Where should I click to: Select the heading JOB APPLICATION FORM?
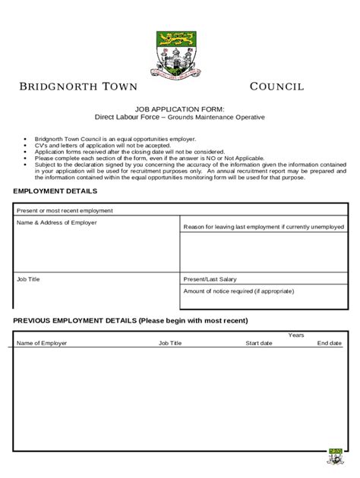tap(180, 109)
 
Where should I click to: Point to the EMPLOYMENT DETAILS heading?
tap(55, 191)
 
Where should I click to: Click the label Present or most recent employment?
tap(65, 210)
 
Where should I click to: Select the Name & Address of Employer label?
tap(57, 222)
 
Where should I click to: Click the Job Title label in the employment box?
tap(28, 279)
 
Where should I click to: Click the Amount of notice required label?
tap(238, 291)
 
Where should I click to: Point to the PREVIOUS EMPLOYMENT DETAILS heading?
tap(130, 320)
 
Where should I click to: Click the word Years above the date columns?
tap(296, 335)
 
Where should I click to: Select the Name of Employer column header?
tap(42, 343)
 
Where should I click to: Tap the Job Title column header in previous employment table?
tap(170, 343)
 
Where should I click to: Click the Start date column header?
tap(258, 343)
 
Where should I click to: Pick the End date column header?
tap(329, 343)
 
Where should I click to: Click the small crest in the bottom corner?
tap(335, 457)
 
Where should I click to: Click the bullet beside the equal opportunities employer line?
tap(25, 140)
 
